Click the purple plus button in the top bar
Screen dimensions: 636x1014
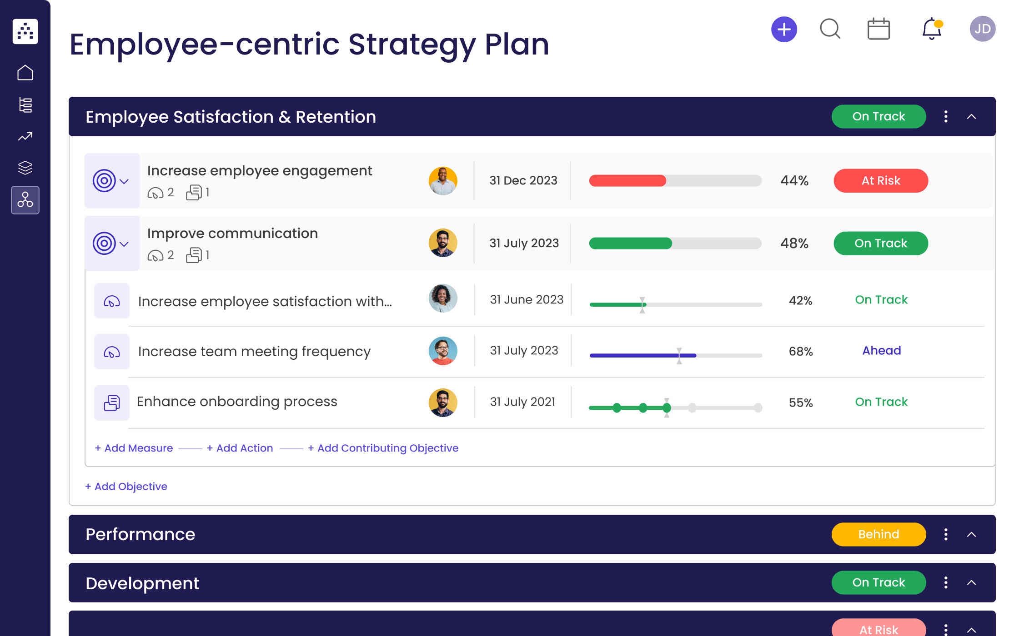point(784,30)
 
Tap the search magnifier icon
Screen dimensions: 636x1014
point(830,29)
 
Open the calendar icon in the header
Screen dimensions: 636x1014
point(878,30)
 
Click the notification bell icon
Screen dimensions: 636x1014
point(931,30)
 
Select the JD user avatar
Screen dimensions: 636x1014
point(982,29)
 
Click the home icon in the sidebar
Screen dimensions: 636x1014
point(25,73)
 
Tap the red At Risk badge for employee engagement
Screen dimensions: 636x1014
point(880,181)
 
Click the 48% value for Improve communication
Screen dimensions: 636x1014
point(794,243)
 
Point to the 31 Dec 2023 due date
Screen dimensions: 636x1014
point(523,181)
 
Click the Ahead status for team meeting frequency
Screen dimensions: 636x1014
point(881,351)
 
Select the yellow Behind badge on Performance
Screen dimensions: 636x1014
point(878,534)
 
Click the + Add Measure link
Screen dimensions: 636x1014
point(134,448)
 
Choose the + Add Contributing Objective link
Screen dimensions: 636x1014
point(383,448)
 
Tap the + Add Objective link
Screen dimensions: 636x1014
point(126,487)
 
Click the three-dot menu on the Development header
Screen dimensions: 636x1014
point(946,582)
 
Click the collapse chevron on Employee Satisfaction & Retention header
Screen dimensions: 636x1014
point(971,117)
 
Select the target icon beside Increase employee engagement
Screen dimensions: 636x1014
point(105,181)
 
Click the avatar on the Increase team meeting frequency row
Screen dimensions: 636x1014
point(442,351)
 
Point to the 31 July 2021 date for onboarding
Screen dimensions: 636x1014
point(522,402)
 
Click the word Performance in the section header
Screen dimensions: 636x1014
point(140,535)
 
